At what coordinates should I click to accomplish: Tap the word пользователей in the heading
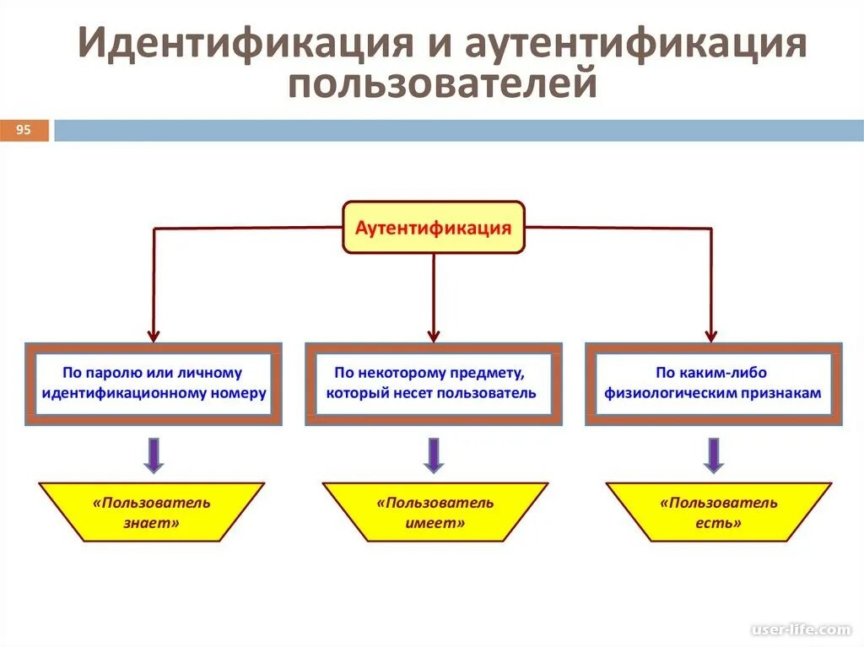point(442,85)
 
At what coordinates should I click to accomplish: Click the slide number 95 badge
point(24,130)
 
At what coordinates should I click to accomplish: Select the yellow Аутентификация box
point(433,228)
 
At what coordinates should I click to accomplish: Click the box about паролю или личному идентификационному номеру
point(153,383)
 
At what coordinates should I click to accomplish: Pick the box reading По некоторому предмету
point(433,383)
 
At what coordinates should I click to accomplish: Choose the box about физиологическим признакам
point(713,383)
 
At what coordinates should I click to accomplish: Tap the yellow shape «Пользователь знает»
point(152,512)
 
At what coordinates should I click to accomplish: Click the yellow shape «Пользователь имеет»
point(435,512)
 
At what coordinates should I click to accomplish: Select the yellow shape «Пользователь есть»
point(718,512)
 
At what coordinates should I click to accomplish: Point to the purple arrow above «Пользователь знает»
point(153,454)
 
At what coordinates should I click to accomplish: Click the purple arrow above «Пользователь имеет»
point(434,454)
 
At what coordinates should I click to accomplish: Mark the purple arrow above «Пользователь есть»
point(714,454)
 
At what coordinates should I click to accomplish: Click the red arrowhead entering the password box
point(153,334)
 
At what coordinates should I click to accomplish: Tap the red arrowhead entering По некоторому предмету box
point(434,334)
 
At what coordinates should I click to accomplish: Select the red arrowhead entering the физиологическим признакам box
point(712,334)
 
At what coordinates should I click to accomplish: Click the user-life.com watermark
point(801,629)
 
